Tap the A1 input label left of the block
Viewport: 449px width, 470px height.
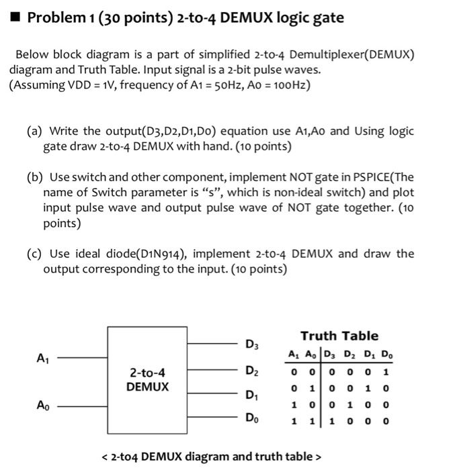(x=42, y=359)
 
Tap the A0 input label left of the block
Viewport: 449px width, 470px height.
(x=42, y=405)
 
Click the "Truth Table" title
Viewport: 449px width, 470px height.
(x=339, y=336)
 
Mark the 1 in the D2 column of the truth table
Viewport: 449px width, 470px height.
(x=350, y=405)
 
